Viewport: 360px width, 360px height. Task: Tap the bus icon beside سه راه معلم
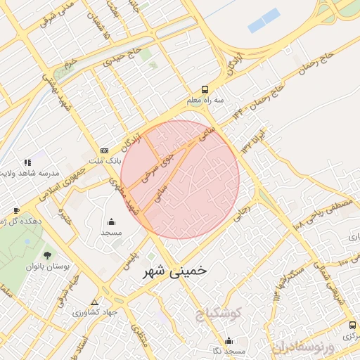(x=205, y=89)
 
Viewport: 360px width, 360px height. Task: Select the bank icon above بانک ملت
(x=105, y=150)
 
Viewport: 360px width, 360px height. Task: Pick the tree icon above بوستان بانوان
(x=48, y=255)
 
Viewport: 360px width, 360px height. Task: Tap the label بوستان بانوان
(x=45, y=267)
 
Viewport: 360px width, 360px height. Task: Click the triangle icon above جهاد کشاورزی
(x=94, y=301)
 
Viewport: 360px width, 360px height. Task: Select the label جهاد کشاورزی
(x=94, y=312)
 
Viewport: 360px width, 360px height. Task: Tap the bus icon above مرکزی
(x=352, y=325)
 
